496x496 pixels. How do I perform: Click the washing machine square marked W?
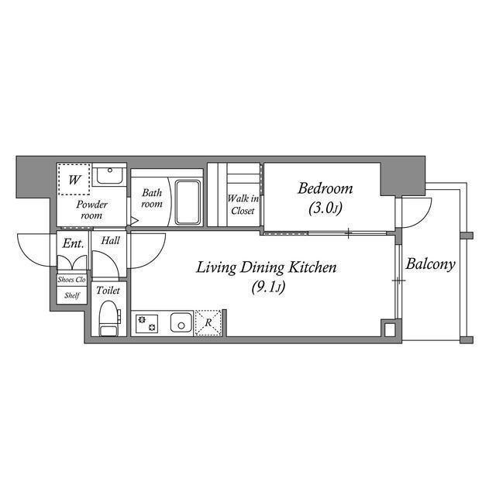click(x=74, y=180)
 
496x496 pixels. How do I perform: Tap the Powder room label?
click(x=91, y=210)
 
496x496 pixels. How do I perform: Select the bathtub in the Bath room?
click(x=188, y=202)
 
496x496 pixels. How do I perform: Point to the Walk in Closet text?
click(x=243, y=205)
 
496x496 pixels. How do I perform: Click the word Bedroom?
click(x=325, y=188)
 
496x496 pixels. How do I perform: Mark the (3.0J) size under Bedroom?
click(x=325, y=208)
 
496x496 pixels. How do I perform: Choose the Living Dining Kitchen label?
click(x=266, y=268)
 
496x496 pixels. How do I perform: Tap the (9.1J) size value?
click(x=266, y=288)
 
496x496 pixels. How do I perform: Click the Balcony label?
click(x=431, y=264)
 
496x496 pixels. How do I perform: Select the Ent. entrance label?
click(x=73, y=243)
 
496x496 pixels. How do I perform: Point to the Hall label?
click(x=110, y=241)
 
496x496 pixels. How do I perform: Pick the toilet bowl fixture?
click(x=108, y=318)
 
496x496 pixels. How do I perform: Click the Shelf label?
click(x=71, y=295)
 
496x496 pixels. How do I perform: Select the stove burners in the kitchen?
click(x=146, y=323)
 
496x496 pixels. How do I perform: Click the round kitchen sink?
click(x=181, y=323)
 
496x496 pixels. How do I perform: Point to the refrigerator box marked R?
click(x=208, y=322)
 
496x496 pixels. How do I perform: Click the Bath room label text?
click(x=151, y=198)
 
